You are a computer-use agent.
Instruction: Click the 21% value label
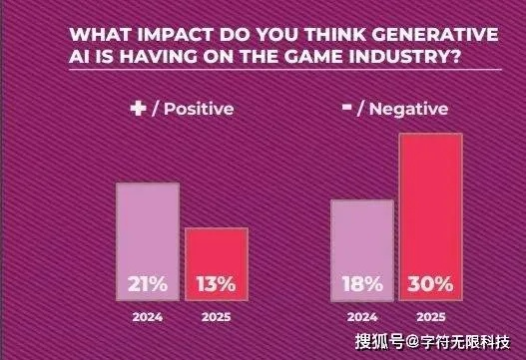click(148, 283)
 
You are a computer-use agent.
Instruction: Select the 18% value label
click(360, 283)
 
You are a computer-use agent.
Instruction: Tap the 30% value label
click(431, 283)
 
